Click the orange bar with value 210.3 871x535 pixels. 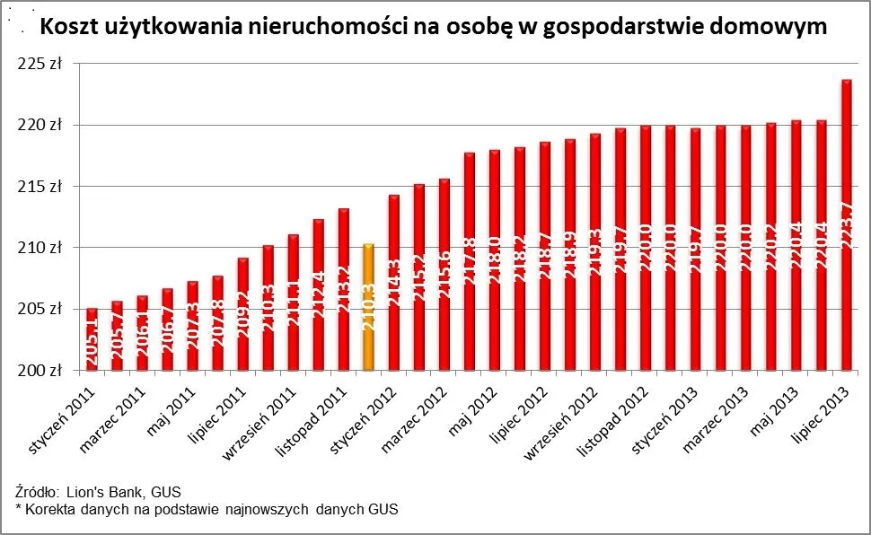368,307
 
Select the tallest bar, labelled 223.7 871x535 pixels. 846,224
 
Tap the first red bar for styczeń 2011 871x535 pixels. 92,339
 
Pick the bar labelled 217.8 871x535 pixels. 469,261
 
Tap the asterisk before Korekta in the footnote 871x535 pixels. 19,509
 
